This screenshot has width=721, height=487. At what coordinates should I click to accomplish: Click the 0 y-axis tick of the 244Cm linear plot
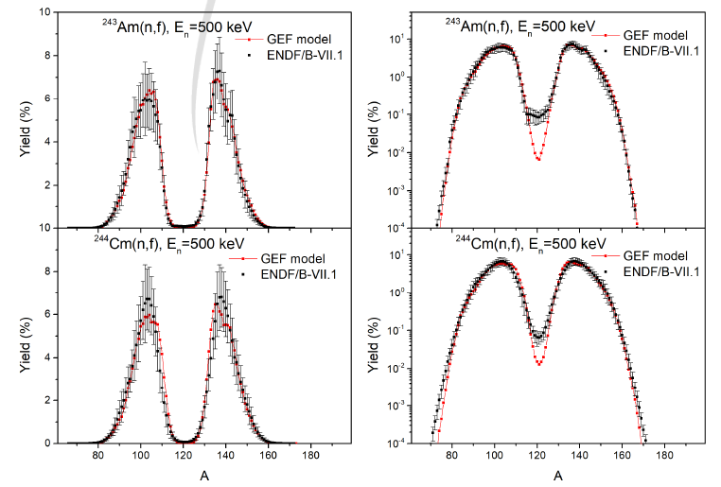click(x=56, y=443)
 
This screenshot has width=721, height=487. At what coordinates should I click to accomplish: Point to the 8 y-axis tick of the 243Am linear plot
click(x=56, y=56)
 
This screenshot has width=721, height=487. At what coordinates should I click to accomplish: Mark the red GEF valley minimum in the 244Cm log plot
click(x=538, y=363)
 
